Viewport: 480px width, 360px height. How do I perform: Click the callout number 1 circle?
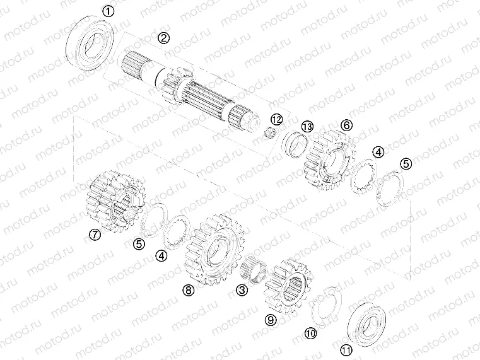coord(108,11)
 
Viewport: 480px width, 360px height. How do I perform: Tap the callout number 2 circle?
coord(163,38)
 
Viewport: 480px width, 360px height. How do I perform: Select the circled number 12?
coord(276,119)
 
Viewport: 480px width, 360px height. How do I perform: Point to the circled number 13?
coord(307,126)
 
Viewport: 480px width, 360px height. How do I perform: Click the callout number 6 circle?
coord(346,125)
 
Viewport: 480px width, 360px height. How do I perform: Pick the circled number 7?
coord(95,235)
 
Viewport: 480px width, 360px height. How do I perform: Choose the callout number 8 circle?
coord(187,289)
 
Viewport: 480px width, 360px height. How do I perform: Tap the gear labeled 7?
coord(115,201)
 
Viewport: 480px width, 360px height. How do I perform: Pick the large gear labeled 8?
coord(216,252)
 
